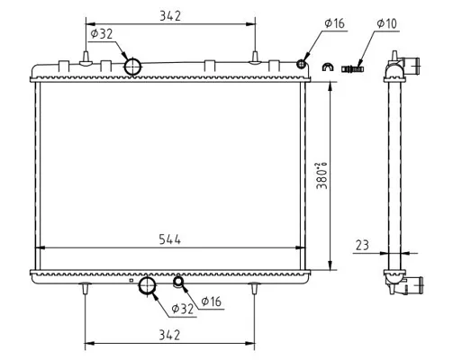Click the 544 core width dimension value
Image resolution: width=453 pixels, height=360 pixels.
click(170, 239)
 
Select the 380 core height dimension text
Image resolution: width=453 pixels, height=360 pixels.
click(322, 176)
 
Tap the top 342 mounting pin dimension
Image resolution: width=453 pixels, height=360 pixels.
click(170, 16)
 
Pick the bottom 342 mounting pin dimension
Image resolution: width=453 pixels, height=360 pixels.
click(169, 335)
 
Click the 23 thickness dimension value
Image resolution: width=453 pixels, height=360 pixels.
click(362, 246)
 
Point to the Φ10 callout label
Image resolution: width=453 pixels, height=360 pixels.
click(387, 23)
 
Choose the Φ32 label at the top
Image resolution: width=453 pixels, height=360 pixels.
click(102, 34)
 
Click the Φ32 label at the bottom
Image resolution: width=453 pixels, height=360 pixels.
click(183, 309)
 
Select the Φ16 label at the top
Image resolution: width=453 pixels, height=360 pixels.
click(335, 23)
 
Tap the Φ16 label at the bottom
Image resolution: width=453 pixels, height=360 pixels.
click(212, 301)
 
